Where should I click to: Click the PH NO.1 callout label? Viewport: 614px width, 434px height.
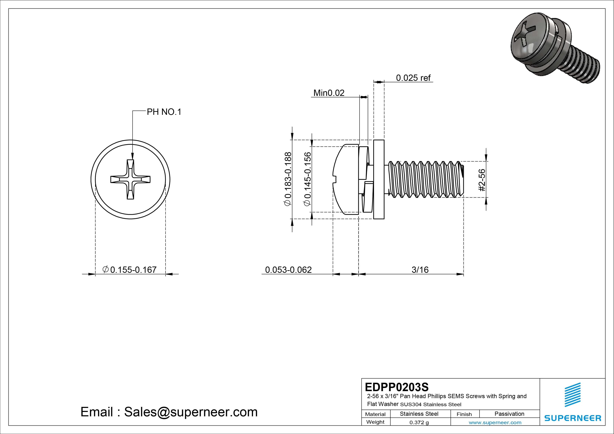pyautogui.click(x=164, y=112)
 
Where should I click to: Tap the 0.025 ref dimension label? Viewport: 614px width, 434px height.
pyautogui.click(x=413, y=78)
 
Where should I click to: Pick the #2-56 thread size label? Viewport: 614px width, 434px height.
pyautogui.click(x=482, y=180)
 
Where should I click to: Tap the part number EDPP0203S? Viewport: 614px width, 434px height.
pyautogui.click(x=397, y=387)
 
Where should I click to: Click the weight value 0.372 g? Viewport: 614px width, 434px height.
pyautogui.click(x=419, y=422)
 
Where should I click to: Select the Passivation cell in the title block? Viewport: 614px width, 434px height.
pyautogui.click(x=509, y=414)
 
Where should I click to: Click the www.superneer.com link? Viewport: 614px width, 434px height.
pyautogui.click(x=495, y=422)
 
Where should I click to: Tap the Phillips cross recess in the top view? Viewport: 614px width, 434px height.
pyautogui.click(x=131, y=179)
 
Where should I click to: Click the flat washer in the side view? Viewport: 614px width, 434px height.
pyautogui.click(x=379, y=179)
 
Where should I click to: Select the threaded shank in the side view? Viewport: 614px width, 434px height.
pyautogui.click(x=425, y=179)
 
